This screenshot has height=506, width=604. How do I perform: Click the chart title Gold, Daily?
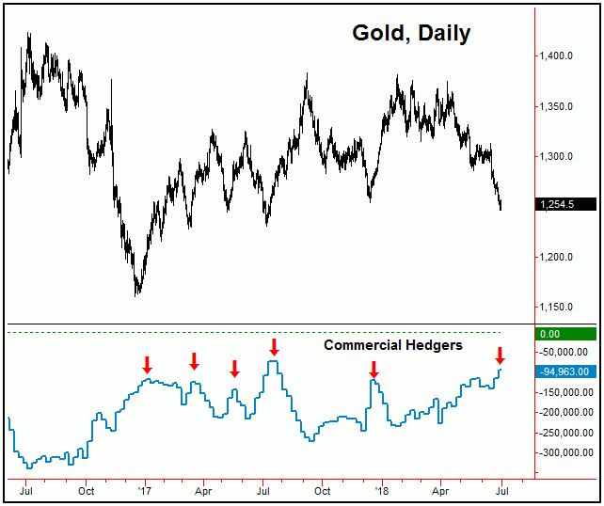411,34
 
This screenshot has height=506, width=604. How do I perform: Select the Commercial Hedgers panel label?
392,345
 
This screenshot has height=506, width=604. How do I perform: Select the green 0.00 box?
562,333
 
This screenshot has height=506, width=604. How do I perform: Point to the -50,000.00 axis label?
564,353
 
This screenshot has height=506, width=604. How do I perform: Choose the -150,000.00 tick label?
564,392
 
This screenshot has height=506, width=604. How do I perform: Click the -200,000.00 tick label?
564,412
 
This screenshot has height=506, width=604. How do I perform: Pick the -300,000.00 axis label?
564,452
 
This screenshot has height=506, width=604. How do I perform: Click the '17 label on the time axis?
145,490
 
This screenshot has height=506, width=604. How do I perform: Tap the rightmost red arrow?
500,356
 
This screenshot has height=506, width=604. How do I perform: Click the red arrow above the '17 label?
147,364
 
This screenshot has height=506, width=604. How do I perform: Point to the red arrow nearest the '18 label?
374,369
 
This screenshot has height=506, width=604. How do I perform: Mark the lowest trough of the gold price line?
138,293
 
